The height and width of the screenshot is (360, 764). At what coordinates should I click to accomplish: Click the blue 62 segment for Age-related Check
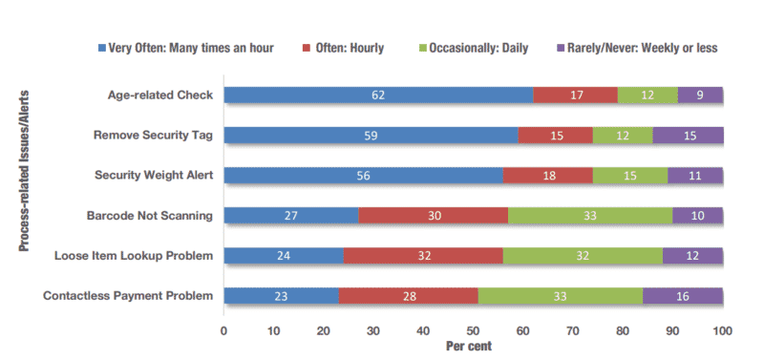coord(378,95)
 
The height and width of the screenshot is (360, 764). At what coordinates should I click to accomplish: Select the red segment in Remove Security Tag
coord(556,136)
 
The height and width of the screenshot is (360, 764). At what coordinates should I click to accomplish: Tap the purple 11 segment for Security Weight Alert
coord(695,176)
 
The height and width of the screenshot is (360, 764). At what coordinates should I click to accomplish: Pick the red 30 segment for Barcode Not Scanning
coord(434,215)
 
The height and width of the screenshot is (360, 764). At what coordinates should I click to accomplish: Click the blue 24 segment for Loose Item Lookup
coord(284,256)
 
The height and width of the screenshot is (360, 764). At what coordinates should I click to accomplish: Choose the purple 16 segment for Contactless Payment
coord(683,296)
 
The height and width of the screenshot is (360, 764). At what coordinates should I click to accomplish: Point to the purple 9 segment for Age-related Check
coord(700,95)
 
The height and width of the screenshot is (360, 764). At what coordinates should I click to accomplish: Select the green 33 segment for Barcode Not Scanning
coord(590,215)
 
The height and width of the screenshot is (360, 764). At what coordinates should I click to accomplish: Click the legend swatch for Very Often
coord(102,49)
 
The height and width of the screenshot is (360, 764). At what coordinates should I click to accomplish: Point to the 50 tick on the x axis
coord(473,330)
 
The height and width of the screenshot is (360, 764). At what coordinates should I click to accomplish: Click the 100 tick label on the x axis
coord(723,330)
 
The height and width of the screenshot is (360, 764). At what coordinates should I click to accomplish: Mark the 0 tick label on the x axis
coord(223,330)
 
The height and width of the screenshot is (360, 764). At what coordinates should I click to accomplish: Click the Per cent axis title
coord(469,346)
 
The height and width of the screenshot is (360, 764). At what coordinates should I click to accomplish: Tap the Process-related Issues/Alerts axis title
coord(24,171)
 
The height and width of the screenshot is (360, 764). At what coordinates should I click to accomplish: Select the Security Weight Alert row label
coord(154,175)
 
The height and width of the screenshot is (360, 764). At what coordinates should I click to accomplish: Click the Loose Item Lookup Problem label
coord(134,256)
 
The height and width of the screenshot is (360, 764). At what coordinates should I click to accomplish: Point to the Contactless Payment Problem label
coord(128,296)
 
